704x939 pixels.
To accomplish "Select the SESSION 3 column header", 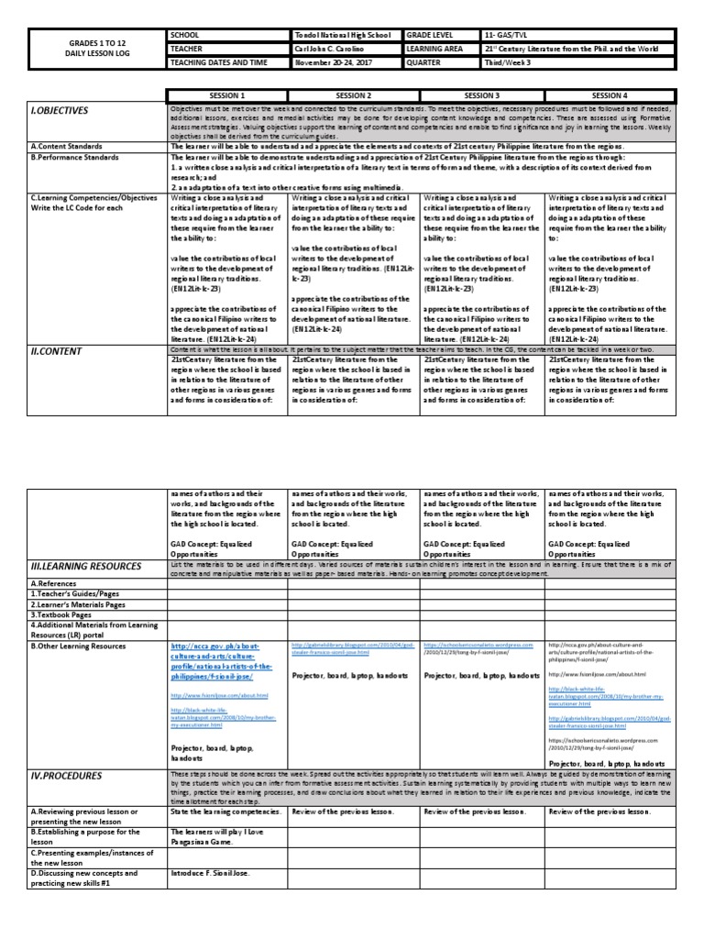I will pyautogui.click(x=481, y=95).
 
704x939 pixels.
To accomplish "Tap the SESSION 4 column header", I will pyautogui.click(x=609, y=95).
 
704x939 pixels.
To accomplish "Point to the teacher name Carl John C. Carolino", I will pyautogui.click(x=335, y=48).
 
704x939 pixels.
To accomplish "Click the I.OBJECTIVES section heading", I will pyautogui.click(x=60, y=110).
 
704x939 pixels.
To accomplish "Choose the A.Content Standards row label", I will pyautogui.click(x=73, y=145).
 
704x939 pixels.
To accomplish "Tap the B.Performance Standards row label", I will pyautogui.click(x=82, y=157).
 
